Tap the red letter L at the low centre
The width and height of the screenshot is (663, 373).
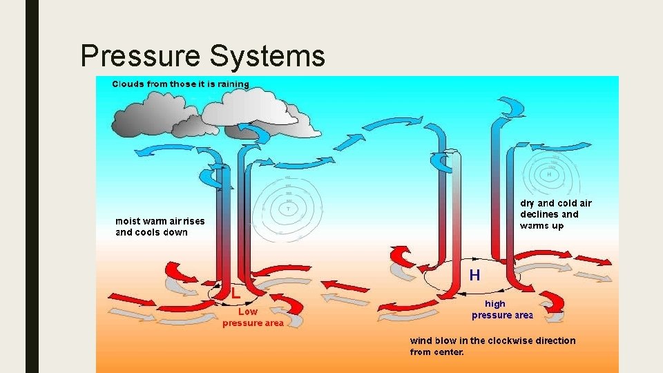(236, 294)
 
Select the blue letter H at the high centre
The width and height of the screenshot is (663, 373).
(475, 275)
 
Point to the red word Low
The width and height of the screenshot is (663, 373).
(248, 312)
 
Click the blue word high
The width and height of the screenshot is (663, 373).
(495, 304)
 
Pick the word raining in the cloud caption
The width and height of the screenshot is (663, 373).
(233, 84)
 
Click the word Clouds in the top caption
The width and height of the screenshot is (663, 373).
(129, 84)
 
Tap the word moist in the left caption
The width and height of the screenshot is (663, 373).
(128, 221)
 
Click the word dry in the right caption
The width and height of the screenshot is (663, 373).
(528, 203)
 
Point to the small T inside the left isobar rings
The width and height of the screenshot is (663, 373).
(288, 208)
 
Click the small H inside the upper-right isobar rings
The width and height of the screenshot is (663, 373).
(550, 174)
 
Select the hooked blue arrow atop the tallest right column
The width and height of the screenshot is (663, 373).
(511, 108)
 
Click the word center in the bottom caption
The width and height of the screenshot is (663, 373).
(449, 352)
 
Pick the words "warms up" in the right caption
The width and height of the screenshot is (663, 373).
(541, 225)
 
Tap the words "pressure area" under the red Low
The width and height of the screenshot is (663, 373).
(253, 323)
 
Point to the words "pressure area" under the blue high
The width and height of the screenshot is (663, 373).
(502, 315)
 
